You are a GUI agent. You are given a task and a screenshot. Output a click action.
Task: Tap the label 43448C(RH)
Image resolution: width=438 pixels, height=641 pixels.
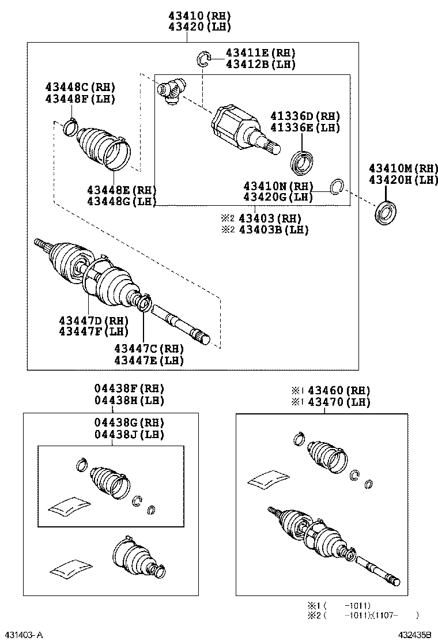pyautogui.click(x=80, y=87)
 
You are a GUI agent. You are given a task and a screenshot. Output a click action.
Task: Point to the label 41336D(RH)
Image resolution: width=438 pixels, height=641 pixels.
pyautogui.click(x=305, y=115)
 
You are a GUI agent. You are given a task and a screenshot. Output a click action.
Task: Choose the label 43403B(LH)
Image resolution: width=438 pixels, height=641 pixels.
pyautogui.click(x=273, y=229)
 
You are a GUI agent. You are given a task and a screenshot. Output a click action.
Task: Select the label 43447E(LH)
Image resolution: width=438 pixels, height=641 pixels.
pyautogui.click(x=149, y=360)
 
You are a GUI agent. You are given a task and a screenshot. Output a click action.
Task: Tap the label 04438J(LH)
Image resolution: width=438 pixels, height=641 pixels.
pyautogui.click(x=129, y=435)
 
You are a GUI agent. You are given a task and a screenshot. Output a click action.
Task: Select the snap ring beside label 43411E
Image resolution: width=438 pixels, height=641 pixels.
pyautogui.click(x=203, y=58)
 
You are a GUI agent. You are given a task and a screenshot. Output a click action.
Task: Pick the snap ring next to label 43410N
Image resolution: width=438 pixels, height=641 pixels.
pyautogui.click(x=337, y=186)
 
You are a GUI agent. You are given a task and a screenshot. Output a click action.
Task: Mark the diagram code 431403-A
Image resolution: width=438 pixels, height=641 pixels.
pyautogui.click(x=22, y=635)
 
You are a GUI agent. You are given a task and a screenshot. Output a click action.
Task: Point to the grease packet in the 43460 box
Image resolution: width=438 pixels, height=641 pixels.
pyautogui.click(x=269, y=479)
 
